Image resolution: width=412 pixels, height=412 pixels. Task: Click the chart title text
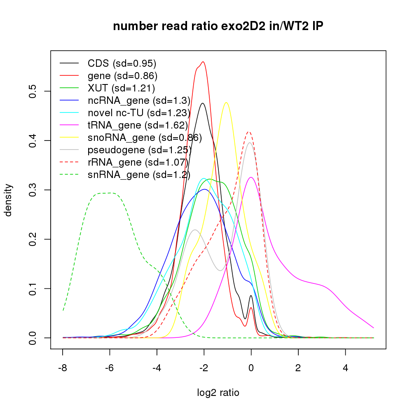tap(218, 26)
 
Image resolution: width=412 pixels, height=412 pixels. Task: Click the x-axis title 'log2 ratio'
tap(218, 393)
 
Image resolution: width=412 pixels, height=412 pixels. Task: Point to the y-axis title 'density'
tap(9, 200)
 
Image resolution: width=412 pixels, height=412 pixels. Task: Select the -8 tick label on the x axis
tap(63, 368)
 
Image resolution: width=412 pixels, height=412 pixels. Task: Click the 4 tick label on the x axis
tap(345, 368)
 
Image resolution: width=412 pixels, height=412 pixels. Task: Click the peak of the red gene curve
tap(203, 62)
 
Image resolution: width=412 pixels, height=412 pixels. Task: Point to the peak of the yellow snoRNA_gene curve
tap(226, 103)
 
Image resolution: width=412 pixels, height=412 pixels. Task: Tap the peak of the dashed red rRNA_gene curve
tap(248, 132)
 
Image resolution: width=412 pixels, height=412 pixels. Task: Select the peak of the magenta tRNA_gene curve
tap(251, 177)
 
